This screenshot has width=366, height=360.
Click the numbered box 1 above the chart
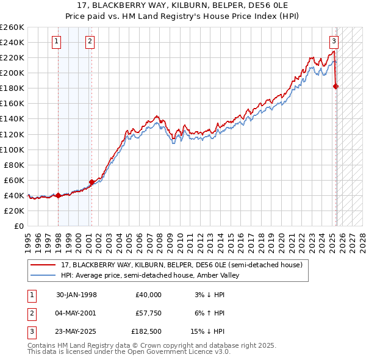pyautogui.click(x=56, y=41)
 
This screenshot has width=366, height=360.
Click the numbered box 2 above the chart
pyautogui.click(x=90, y=41)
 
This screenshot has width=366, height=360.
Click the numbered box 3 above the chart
pyautogui.click(x=334, y=41)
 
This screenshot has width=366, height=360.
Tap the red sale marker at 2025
pyautogui.click(x=335, y=87)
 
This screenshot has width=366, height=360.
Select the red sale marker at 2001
pyautogui.click(x=91, y=182)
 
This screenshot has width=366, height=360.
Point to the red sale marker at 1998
pyautogui.click(x=58, y=195)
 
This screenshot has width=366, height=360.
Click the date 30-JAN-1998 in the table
pyautogui.click(x=76, y=295)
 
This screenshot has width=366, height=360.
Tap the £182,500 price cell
pyautogui.click(x=146, y=333)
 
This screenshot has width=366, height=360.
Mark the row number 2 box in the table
pyautogui.click(x=32, y=314)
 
